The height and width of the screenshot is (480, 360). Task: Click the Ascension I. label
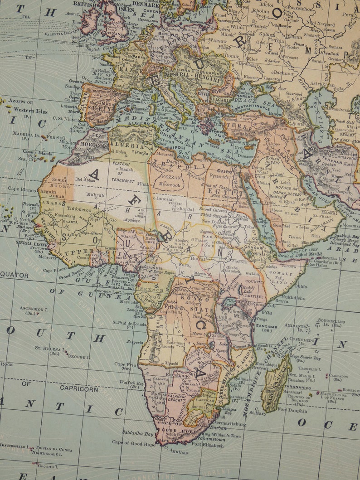(34, 308)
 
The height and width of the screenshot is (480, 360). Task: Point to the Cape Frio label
(125, 364)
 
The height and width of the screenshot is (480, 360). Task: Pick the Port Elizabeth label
(207, 445)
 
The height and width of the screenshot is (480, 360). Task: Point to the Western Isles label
(30, 110)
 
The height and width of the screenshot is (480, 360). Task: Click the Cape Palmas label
(55, 270)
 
